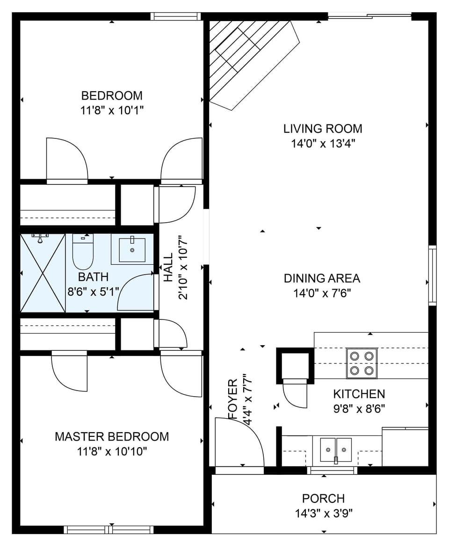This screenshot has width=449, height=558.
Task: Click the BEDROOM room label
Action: click(112, 96)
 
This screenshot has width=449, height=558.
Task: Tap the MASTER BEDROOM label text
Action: click(112, 437)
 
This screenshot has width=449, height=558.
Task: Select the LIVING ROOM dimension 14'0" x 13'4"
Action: click(323, 144)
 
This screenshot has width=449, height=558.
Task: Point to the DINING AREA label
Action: click(322, 279)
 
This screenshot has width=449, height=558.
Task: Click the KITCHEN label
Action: click(359, 394)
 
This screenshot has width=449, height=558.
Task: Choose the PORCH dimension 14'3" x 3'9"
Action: click(323, 514)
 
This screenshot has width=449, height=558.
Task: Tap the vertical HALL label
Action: click(168, 268)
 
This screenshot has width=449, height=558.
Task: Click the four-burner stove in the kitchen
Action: click(362, 363)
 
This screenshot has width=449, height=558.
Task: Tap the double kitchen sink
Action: click(336, 450)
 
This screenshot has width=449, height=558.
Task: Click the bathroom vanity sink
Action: click(131, 250)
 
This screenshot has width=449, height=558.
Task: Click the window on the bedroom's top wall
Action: click(175, 16)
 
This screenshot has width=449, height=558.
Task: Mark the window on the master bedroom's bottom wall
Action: click(109, 529)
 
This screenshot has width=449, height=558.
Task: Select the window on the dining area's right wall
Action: click(432, 275)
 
